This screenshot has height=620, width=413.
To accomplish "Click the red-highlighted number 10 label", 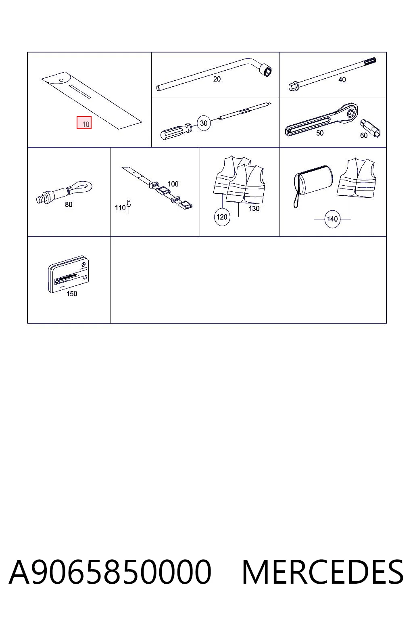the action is pos(84,123).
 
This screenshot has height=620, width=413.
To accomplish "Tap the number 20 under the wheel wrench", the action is pos(217,79).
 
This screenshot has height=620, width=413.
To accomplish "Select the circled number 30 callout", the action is pos(204,123).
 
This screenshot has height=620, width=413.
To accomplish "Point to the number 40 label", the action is pos(342,80).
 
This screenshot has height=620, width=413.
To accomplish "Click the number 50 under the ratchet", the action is pos(320,133).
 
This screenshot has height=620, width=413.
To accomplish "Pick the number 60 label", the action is pos(364,135).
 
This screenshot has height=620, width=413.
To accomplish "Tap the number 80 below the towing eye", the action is pos(69,205).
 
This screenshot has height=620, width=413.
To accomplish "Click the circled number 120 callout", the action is pos(222,217).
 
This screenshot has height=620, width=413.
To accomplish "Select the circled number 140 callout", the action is pos(332,219).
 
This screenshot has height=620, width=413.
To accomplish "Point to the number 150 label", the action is pos(72,294).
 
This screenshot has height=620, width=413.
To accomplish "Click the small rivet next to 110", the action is pos(129,205).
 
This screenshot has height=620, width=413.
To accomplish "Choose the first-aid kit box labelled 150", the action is pos(69,274).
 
